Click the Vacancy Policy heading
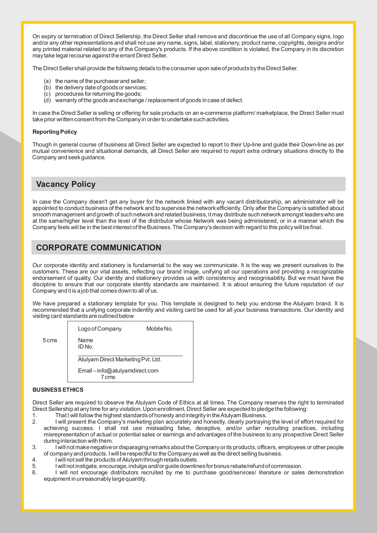click(x=66, y=184)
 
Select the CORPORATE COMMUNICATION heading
click(x=99, y=248)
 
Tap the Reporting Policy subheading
click(x=55, y=132)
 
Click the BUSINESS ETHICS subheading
click(x=58, y=390)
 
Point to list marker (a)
click(x=47, y=81)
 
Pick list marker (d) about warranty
click(x=47, y=100)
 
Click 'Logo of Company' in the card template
click(x=100, y=329)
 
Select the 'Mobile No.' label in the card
click(x=159, y=329)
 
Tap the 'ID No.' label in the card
click(x=85, y=347)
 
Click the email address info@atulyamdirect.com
click(x=128, y=371)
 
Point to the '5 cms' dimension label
click(x=50, y=340)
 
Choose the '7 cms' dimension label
click(x=108, y=377)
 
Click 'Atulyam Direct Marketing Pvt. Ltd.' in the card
click(x=120, y=359)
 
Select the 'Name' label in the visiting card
click(x=85, y=340)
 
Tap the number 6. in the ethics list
click(x=35, y=473)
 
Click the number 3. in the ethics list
click(x=35, y=447)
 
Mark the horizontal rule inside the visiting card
click(x=130, y=355)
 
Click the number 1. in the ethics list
click(x=35, y=415)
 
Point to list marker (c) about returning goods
click(x=47, y=94)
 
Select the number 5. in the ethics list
click(x=35, y=466)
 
